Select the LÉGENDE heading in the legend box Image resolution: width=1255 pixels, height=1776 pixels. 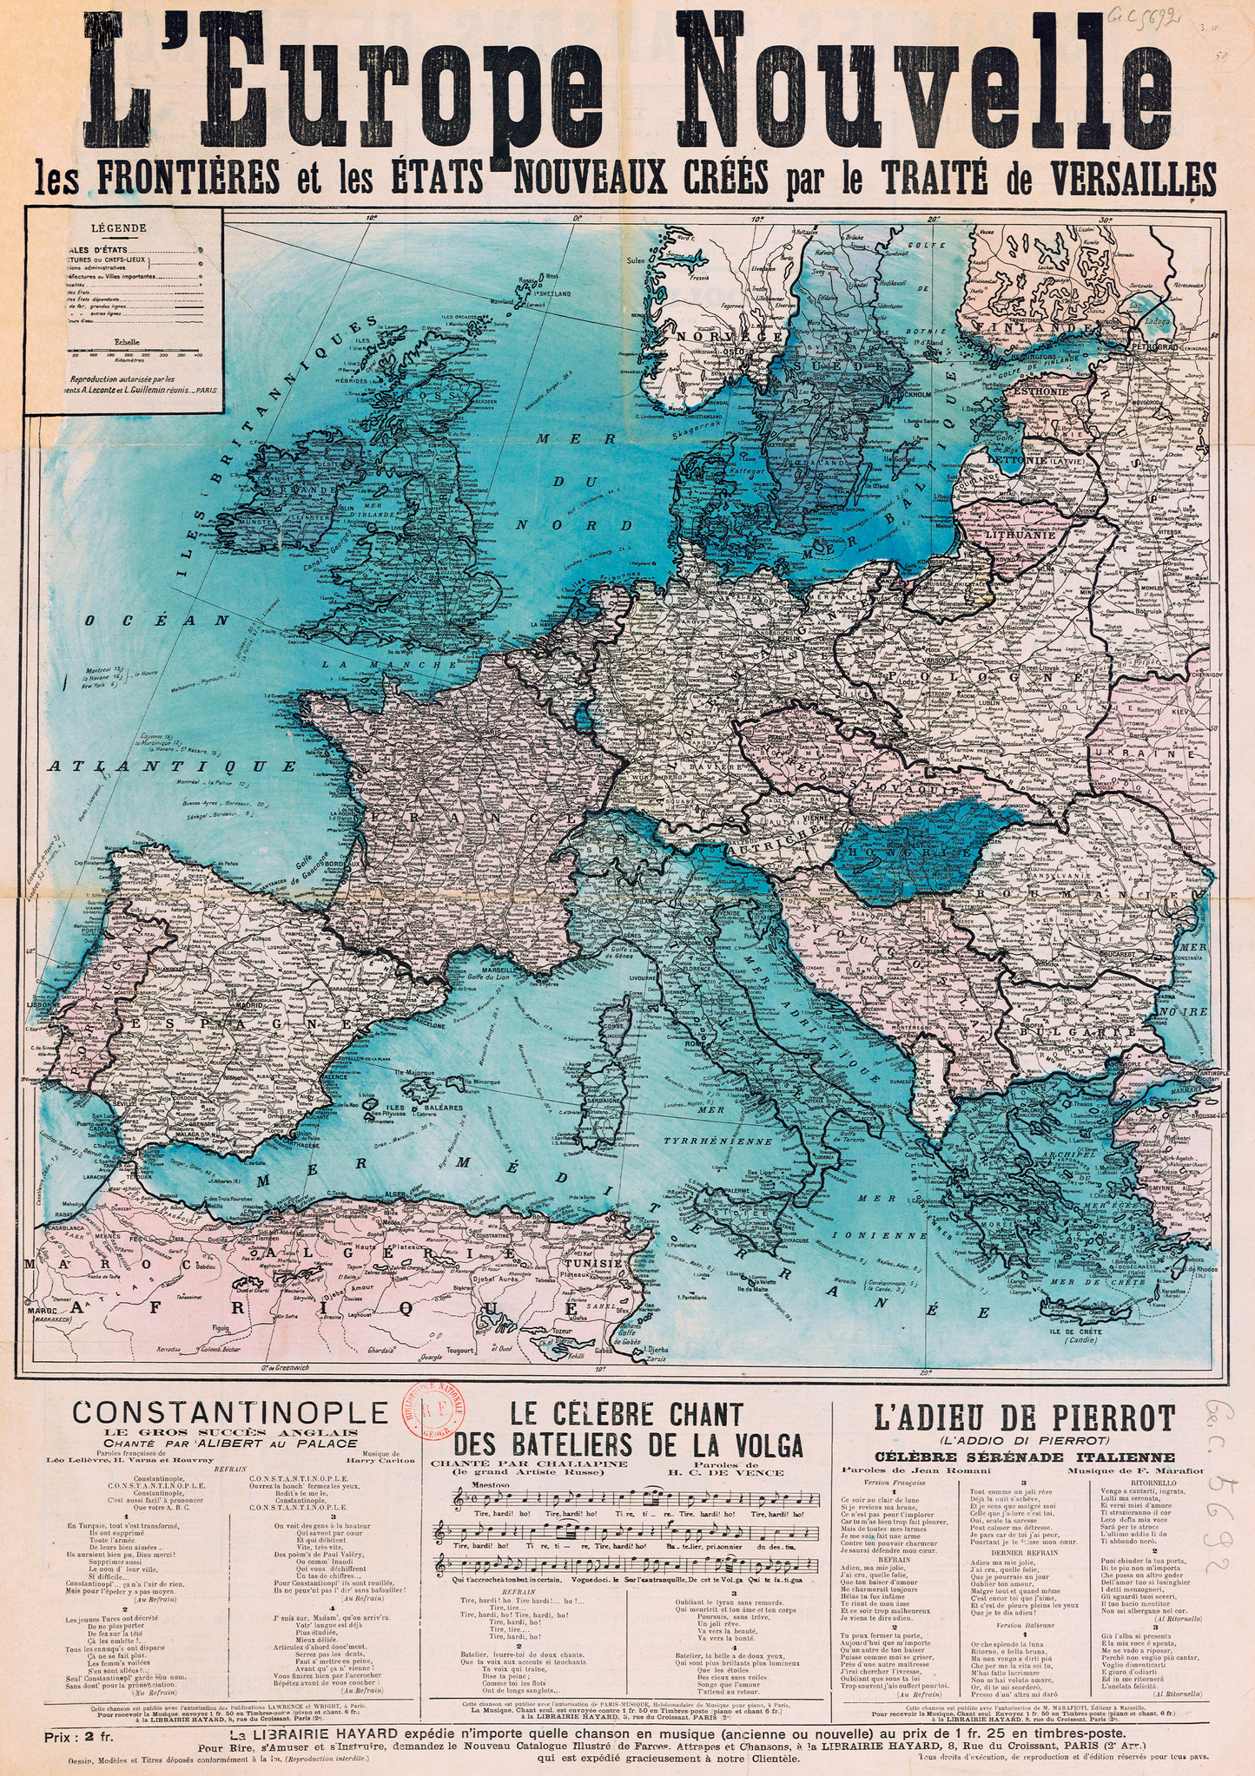click(124, 229)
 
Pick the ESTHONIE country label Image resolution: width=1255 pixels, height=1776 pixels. click(1038, 391)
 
